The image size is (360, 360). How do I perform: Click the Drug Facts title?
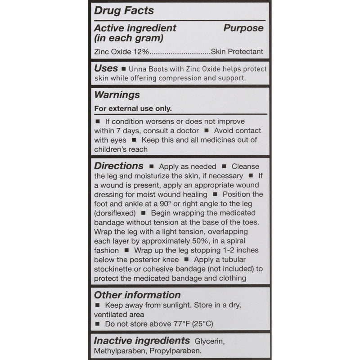coord(124,10)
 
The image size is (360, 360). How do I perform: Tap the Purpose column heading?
coord(243,28)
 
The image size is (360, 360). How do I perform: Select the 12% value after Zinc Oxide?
coord(139,52)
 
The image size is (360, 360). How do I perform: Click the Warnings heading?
coord(117,95)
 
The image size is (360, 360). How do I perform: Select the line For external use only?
coord(133,108)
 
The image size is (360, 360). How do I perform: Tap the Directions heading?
coord(119,166)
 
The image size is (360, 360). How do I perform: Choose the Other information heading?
coord(137,295)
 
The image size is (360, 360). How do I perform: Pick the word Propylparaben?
coord(179,351)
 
